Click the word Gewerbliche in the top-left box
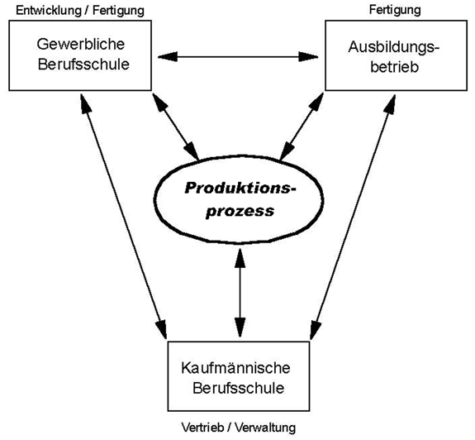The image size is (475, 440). (81, 45)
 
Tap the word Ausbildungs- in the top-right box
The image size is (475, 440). (394, 48)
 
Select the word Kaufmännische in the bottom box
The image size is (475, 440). (235, 368)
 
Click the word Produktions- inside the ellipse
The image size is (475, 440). (240, 189)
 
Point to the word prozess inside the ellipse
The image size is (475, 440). (240, 211)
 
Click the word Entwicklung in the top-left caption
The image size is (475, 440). (50, 11)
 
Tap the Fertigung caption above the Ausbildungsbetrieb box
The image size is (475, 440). (395, 10)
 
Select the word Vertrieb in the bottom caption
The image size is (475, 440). (202, 428)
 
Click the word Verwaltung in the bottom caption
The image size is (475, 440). (265, 428)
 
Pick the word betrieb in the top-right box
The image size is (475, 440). (394, 67)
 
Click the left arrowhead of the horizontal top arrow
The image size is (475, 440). (168, 56)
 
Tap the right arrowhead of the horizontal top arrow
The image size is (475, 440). (308, 56)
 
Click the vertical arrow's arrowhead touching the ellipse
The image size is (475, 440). (240, 258)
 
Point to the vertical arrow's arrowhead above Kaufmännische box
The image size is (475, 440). (240, 328)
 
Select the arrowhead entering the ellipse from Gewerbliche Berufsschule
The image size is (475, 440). (192, 151)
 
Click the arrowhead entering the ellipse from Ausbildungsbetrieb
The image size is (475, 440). (287, 151)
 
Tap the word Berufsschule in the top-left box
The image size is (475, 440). (83, 65)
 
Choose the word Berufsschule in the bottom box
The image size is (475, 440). (239, 388)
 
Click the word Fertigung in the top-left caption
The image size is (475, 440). (118, 11)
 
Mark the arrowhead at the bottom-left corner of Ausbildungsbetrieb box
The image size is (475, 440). (316, 102)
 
